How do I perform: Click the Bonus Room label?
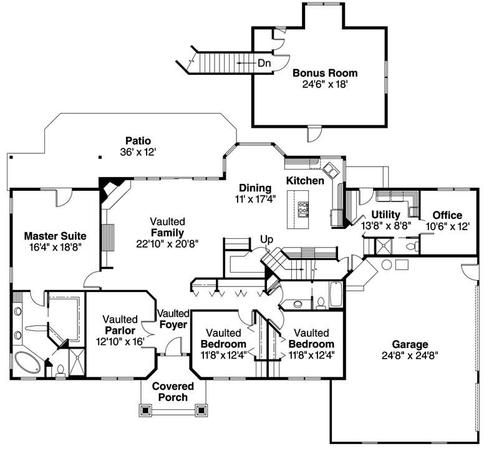[325, 73]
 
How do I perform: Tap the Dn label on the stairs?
[264, 63]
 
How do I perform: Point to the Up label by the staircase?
[266, 239]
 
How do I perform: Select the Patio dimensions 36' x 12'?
[138, 152]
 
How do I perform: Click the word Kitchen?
[305, 181]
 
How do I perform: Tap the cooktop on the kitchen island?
[304, 207]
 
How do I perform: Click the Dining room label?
[254, 188]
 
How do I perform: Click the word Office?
[447, 215]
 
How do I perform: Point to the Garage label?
[410, 344]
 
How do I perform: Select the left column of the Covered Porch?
[147, 410]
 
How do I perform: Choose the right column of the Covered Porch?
[201, 410]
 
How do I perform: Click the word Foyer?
[172, 324]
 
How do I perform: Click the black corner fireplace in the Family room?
[112, 187]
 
